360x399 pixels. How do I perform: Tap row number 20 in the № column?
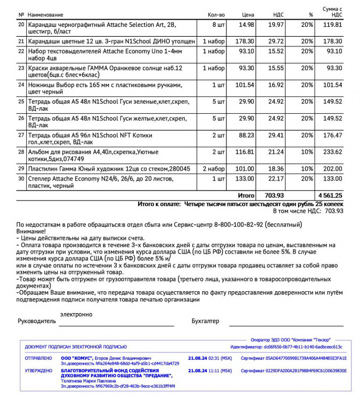click(21, 25)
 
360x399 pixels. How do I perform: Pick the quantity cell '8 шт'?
click(217, 25)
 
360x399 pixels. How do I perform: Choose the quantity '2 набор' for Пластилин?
click(214, 169)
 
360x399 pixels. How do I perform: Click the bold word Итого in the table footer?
click(246, 195)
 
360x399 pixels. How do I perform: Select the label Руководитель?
click(37, 321)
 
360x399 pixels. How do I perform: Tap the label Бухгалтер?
click(205, 321)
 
